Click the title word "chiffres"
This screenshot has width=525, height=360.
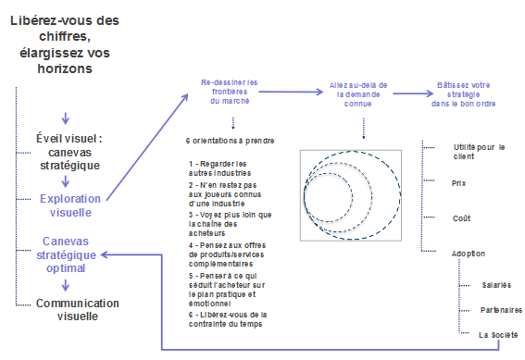65,36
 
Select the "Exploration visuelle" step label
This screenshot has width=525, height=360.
70,205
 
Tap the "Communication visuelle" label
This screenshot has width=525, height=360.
78,309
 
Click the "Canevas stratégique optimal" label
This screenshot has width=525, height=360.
66,254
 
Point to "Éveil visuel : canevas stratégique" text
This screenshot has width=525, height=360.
69,152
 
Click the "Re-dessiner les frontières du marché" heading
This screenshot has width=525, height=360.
230,92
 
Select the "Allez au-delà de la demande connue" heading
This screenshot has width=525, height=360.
358,94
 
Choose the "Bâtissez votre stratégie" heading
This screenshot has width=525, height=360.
463,94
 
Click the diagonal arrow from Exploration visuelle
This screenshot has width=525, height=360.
147,147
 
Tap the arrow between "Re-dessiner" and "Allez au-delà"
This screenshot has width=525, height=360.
291,92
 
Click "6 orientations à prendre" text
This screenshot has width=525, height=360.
230,141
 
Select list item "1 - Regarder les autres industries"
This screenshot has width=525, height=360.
219,168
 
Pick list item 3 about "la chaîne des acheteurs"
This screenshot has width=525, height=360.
230,224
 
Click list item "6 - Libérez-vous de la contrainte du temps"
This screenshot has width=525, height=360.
228,319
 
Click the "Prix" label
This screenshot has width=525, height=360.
458,183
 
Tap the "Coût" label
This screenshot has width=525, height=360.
461,218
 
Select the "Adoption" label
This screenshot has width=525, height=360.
469,254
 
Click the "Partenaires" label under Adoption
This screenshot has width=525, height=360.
501,310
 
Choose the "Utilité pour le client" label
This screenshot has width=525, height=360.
479,152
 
